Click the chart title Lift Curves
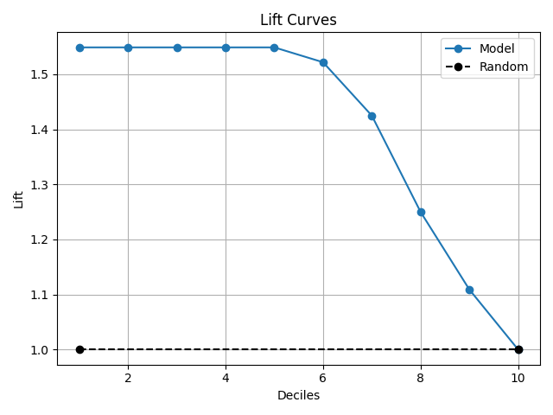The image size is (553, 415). tap(298, 20)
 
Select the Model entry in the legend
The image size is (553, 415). tap(496, 48)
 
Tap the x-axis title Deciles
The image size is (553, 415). tap(298, 395)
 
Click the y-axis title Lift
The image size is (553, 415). tap(18, 199)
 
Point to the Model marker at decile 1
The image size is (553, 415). tap(79, 48)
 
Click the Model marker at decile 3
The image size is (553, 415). tap(177, 48)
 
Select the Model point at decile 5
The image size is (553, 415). tap(274, 48)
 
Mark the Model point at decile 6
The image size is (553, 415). tap(323, 62)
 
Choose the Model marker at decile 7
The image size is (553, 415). tap(372, 116)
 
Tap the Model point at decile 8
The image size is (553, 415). tap(421, 212)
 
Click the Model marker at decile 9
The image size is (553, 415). tap(469, 290)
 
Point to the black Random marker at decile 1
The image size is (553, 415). tap(79, 349)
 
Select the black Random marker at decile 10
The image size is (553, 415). tap(518, 349)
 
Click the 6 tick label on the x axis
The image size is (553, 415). tap(323, 378)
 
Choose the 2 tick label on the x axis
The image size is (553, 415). tap(128, 378)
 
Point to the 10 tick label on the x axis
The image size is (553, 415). tap(518, 378)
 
